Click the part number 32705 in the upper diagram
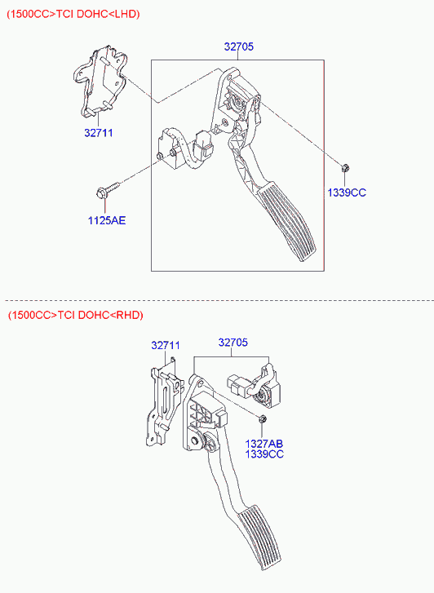click(x=239, y=46)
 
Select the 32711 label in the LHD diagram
click(x=99, y=133)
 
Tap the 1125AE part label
click(x=107, y=220)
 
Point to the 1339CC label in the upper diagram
click(x=347, y=193)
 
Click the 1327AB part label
click(x=264, y=444)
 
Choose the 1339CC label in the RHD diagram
click(x=264, y=454)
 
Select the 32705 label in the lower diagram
click(x=233, y=343)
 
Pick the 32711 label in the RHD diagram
click(x=166, y=345)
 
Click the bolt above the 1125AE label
click(x=108, y=190)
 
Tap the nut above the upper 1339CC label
click(x=345, y=168)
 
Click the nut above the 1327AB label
click(x=262, y=418)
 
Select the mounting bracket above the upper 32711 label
click(x=100, y=80)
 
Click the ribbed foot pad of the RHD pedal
click(x=260, y=538)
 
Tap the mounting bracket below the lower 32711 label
click(x=162, y=401)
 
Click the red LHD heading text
click(x=73, y=14)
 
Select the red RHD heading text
click(x=76, y=315)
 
